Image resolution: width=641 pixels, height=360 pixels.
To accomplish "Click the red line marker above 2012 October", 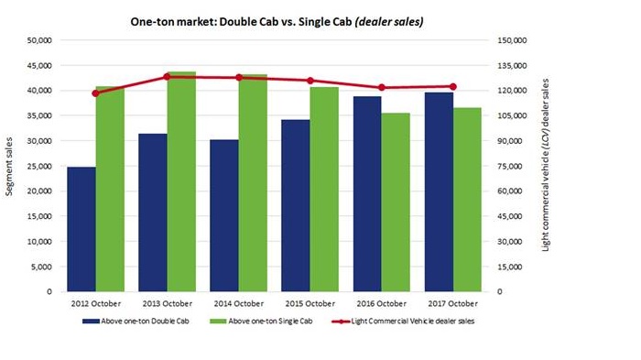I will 96,93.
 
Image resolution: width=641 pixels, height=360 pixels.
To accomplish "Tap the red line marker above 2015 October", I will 310,81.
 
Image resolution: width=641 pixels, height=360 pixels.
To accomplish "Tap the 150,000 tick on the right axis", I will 513,40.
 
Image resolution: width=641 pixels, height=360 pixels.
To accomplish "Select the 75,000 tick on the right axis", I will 511,166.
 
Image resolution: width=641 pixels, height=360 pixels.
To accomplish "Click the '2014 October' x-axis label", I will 238,303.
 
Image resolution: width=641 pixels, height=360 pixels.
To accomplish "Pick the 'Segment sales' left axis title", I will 11,166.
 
